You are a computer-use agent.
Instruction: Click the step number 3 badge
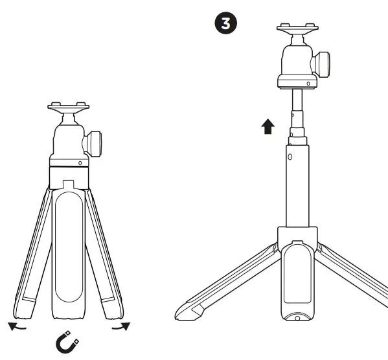225,24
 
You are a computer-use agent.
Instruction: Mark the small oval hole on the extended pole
290,157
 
